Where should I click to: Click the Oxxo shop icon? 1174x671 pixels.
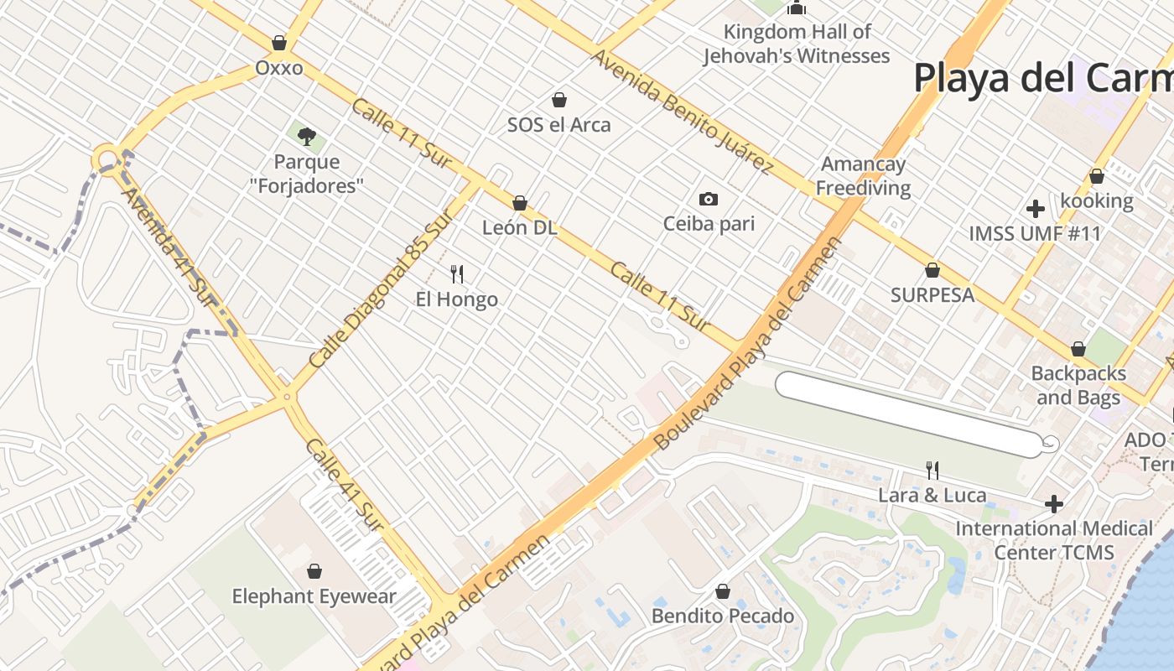(x=279, y=43)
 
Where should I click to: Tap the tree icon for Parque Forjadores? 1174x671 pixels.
(x=307, y=135)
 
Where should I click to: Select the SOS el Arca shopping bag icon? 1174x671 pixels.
(x=559, y=101)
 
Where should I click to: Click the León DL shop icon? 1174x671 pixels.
(x=520, y=203)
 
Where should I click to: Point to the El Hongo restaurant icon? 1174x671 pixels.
(x=457, y=274)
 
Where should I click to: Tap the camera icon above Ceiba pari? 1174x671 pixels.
(x=709, y=200)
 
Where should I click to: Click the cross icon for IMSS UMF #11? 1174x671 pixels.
(x=1035, y=208)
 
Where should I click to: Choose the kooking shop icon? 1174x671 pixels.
(x=1096, y=176)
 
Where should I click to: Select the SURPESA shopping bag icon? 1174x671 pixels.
(x=932, y=270)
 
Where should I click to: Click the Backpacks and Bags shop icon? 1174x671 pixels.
(x=1078, y=349)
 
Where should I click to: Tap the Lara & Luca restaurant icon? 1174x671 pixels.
(x=931, y=471)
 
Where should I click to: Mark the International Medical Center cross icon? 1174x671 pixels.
(x=1054, y=504)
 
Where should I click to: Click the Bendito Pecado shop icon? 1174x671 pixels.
(x=723, y=592)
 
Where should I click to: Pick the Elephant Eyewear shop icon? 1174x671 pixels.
(x=314, y=572)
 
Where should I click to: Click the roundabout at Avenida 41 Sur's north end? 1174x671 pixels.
(x=106, y=159)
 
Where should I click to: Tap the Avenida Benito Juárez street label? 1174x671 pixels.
(x=681, y=112)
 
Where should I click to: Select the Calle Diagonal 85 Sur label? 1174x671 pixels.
(x=382, y=289)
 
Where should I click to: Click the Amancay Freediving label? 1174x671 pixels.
(x=863, y=176)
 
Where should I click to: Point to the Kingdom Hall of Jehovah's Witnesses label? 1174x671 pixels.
(x=797, y=44)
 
